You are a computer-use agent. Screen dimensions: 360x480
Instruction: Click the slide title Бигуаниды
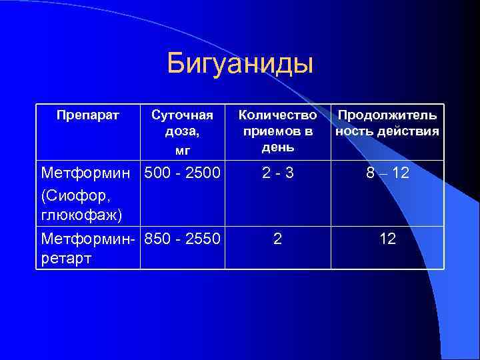pyautogui.click(x=240, y=64)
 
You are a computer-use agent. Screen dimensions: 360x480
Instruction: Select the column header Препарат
pyautogui.click(x=88, y=115)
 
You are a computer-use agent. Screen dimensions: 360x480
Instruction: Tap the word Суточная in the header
pyautogui.click(x=182, y=115)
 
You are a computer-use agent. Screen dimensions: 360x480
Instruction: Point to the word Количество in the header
pyautogui.click(x=277, y=115)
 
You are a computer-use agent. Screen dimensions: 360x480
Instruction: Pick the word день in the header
pyautogui.click(x=277, y=145)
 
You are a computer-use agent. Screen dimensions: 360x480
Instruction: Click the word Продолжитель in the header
pyautogui.click(x=387, y=115)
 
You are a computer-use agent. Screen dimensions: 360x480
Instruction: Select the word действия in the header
pyautogui.click(x=411, y=131)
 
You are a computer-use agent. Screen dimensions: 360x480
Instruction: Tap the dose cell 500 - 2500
pyautogui.click(x=182, y=174)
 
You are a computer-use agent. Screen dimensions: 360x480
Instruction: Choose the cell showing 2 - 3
pyautogui.click(x=277, y=174)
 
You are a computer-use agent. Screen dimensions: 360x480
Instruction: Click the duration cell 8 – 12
pyautogui.click(x=387, y=174)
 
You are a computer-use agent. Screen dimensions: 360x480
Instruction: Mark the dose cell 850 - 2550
pyautogui.click(x=182, y=237)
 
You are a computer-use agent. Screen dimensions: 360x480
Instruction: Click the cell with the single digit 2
pyautogui.click(x=277, y=237)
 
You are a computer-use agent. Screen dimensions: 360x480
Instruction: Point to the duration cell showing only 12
pyautogui.click(x=387, y=237)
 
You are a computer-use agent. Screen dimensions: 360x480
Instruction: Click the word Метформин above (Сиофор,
pyautogui.click(x=88, y=174)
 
